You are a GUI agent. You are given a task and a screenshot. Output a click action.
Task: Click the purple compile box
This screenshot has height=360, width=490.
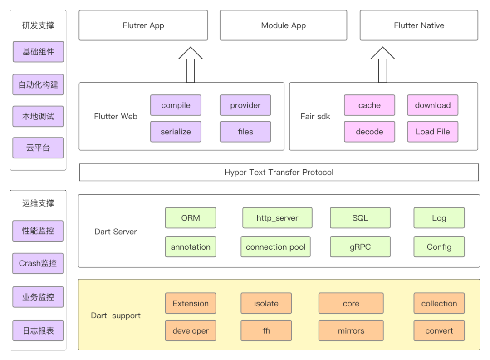[176, 105]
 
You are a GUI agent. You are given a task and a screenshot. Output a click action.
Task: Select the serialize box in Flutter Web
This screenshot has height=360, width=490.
[176, 132]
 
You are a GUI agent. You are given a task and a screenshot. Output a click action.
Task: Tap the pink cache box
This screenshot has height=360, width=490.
[369, 105]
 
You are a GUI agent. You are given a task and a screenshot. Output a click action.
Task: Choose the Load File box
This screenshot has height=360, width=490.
[432, 132]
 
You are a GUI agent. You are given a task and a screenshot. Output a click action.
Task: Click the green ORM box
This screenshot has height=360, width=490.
[190, 218]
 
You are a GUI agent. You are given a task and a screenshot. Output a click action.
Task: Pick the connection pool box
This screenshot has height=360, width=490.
[275, 247]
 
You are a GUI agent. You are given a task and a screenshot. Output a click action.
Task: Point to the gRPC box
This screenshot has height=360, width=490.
[360, 247]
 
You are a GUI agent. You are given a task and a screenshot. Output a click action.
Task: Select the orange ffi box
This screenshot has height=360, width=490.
[266, 330]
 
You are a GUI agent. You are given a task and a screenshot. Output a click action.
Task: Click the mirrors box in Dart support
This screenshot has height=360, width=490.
[351, 330]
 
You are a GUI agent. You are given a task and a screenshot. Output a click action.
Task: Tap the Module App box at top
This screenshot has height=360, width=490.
[284, 25]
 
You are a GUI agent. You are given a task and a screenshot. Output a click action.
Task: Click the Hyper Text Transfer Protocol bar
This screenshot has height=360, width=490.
[279, 173]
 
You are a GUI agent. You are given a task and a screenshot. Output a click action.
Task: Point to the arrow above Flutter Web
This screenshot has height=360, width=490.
[190, 65]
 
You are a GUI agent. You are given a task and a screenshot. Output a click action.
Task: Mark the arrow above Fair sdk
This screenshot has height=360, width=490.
[382, 65]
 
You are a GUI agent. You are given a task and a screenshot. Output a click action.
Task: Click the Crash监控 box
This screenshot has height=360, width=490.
[38, 263]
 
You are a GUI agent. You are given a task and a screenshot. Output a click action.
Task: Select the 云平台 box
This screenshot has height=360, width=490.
[38, 148]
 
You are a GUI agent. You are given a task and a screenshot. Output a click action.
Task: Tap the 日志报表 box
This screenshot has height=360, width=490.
[38, 330]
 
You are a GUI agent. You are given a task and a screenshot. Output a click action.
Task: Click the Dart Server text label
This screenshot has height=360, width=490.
[116, 232]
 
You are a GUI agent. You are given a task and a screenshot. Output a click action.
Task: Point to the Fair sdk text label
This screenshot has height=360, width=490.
[315, 117]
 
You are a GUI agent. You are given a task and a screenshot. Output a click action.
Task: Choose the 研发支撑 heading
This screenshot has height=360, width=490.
[38, 25]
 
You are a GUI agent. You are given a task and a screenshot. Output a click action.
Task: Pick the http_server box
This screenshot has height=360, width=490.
[277, 218]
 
